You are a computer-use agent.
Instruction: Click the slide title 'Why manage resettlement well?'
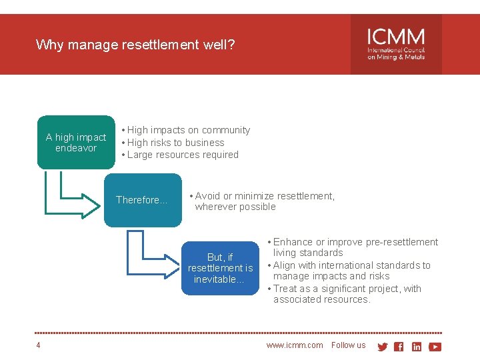[135, 45]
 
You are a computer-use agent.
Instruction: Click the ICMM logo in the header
[396, 45]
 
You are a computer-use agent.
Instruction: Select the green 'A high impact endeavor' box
[76, 143]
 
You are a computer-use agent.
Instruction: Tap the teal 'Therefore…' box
[142, 200]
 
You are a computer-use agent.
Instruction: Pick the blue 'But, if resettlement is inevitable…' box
[220, 268]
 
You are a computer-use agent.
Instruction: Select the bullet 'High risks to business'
[175, 143]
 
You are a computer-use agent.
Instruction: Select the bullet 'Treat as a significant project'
[347, 294]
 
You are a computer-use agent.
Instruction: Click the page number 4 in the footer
[39, 345]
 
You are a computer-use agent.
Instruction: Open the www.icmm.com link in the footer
[295, 345]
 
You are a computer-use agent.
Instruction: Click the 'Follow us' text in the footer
[349, 345]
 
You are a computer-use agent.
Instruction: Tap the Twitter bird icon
[383, 347]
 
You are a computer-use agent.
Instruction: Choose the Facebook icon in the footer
[399, 347]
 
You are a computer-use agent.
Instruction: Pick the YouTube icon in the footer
[435, 347]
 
